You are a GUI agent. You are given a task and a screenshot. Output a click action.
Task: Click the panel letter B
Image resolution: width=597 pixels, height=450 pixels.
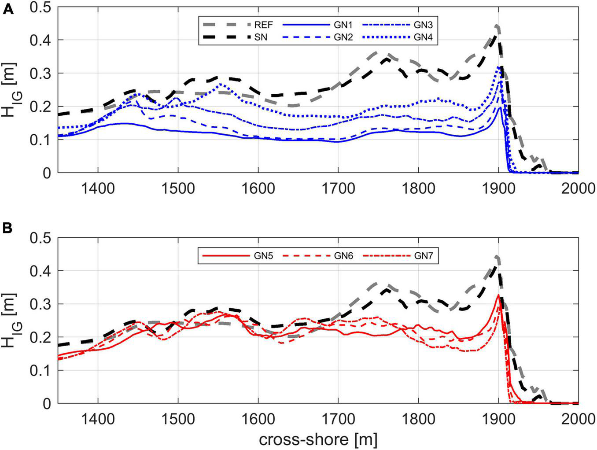tap(8, 229)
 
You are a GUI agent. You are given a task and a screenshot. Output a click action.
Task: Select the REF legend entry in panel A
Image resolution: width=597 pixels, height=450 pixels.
tap(263, 25)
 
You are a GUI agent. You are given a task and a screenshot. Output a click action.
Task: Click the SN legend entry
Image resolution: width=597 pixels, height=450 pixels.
tap(260, 37)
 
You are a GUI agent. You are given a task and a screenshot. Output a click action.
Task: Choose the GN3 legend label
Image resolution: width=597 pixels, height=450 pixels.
tap(423, 25)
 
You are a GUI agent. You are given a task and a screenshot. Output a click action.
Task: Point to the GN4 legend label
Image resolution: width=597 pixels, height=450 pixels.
tap(423, 37)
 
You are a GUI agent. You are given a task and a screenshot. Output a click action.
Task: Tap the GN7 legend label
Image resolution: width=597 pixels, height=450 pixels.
tap(423, 255)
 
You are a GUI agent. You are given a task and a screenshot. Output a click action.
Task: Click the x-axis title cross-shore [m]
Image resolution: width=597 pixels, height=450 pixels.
tap(318, 439)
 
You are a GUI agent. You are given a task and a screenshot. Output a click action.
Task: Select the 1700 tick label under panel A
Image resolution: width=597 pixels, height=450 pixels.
tap(338, 188)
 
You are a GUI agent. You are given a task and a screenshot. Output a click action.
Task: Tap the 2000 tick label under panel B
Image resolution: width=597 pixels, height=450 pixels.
tap(578, 419)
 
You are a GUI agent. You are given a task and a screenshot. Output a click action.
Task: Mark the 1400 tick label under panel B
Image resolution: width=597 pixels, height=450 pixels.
tap(98, 419)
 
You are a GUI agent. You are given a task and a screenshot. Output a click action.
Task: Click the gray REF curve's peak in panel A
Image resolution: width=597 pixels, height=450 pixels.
tap(497, 26)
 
